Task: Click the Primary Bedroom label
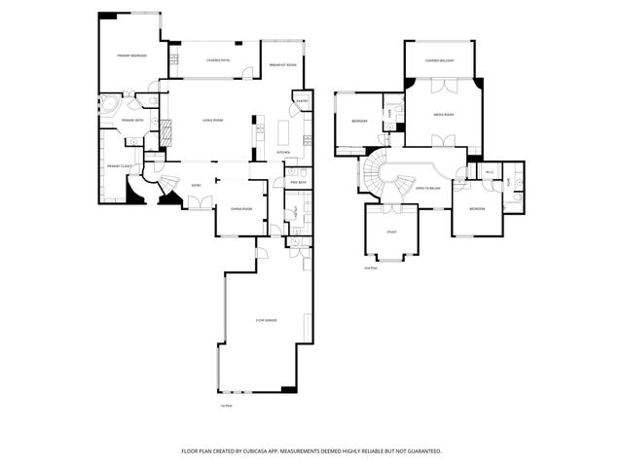(x=132, y=55)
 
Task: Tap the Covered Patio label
(x=218, y=60)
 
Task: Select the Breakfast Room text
(x=283, y=65)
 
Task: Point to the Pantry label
(x=302, y=101)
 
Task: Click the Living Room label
(x=212, y=120)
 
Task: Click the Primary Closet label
(x=119, y=165)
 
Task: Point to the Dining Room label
(x=241, y=209)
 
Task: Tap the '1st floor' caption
(x=226, y=406)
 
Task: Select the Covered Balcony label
(x=439, y=60)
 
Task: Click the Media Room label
(x=444, y=115)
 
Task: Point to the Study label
(x=391, y=232)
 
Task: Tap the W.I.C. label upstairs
(x=490, y=172)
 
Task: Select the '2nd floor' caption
(x=370, y=268)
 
